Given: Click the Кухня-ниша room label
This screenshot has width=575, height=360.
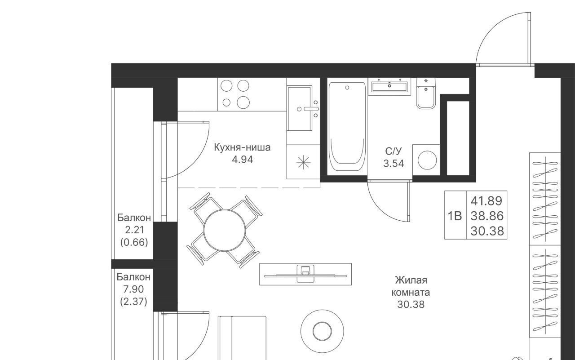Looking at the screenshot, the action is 242,148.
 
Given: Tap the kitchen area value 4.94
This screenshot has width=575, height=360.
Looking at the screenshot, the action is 242,160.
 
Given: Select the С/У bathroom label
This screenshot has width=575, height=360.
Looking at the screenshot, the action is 394,151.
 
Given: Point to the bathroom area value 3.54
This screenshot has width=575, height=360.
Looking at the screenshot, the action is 394,163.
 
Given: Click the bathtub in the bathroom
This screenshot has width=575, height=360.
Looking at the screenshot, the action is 347,126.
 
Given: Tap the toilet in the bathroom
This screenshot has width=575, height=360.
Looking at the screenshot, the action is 426,94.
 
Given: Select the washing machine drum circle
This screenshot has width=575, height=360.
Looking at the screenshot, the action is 427,160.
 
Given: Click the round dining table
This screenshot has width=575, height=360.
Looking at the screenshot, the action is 225,230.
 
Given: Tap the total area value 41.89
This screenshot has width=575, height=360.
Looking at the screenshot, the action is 487,201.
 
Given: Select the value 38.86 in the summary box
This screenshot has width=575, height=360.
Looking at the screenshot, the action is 487,216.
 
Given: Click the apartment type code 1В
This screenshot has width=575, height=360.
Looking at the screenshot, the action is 455,216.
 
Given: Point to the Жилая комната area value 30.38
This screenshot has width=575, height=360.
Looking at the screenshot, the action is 411,305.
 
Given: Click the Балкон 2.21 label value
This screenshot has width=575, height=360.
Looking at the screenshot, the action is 134,230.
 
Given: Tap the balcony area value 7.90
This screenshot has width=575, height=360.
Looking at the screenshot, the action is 133,289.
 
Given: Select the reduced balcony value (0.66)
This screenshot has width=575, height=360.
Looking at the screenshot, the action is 134,242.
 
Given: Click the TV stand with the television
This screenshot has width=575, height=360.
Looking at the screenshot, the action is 305,274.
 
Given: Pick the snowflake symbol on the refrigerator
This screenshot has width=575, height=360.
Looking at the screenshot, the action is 303,162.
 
